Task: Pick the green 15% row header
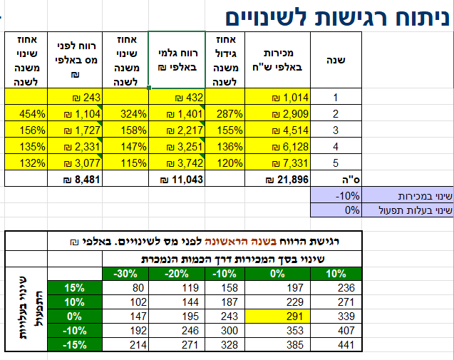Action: tap(75, 288)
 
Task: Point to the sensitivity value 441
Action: tap(336, 344)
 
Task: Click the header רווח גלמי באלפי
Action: tap(177, 60)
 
